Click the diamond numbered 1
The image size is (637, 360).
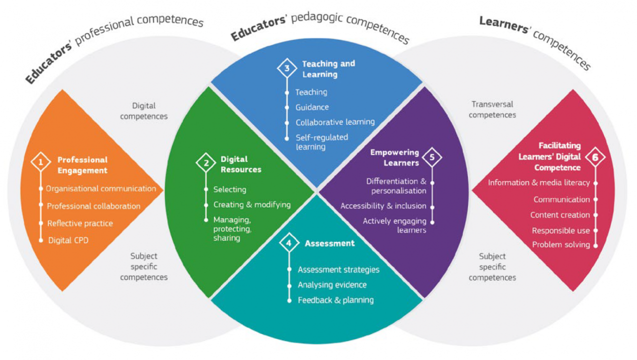coord(40,162)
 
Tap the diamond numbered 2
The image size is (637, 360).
coord(205,163)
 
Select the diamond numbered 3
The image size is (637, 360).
coord(287,68)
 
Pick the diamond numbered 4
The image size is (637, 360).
coord(288,243)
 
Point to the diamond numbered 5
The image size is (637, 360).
coord(432,157)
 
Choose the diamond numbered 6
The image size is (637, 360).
coord(595,157)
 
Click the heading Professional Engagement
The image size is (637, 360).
coord(82,165)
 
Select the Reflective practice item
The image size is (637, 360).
coord(80,223)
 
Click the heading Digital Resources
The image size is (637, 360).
coord(241,164)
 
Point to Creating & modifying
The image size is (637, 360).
coord(251,204)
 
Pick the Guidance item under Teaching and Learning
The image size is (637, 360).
coord(312,107)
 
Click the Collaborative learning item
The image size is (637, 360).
coord(335,122)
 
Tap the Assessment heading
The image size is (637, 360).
coord(330,243)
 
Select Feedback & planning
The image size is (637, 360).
coord(335,300)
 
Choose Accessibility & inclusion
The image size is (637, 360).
coord(383,205)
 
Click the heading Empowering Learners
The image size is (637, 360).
coord(394,157)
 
